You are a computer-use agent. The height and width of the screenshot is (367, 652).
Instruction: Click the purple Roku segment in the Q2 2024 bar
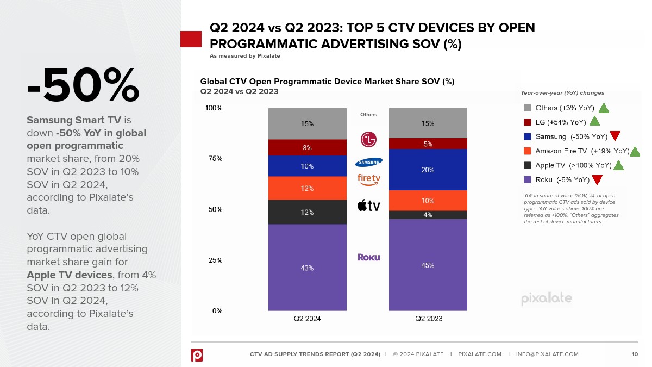pos(307,268)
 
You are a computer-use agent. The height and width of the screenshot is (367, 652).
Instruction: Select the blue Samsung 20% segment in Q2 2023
pos(428,170)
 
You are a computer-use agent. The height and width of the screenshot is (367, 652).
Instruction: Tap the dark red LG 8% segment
pos(307,147)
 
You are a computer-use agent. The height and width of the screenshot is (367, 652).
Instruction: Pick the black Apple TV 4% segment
pos(428,215)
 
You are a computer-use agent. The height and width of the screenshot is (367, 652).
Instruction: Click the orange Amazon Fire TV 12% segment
pos(307,188)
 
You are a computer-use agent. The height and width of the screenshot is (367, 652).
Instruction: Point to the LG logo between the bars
pos(368,139)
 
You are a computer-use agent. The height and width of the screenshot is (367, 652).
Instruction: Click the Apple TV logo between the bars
pos(368,206)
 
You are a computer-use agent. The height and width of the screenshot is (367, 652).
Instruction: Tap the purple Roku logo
pos(368,257)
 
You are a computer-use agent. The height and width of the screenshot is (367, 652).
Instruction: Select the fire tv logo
pos(368,179)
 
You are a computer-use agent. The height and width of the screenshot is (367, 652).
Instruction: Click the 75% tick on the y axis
pos(214,159)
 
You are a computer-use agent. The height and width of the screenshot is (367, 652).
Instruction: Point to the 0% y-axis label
pos(217,310)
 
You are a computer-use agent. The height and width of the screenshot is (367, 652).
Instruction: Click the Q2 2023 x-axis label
pos(428,319)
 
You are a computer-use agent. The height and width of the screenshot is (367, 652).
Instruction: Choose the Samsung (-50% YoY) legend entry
pos(571,136)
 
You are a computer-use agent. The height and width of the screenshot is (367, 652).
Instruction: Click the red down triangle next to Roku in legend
pos(597,180)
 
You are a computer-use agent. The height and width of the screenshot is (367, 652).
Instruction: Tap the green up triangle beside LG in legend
pos(594,122)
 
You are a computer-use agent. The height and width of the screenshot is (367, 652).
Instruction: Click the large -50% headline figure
pos(83,85)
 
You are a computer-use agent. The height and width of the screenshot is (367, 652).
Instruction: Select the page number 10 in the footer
pos(635,354)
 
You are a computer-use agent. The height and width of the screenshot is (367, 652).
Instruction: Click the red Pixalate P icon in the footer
pos(197,355)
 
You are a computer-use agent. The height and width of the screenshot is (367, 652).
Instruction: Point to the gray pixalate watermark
pos(546,298)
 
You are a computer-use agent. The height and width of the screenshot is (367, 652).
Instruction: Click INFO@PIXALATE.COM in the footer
pos(547,354)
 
